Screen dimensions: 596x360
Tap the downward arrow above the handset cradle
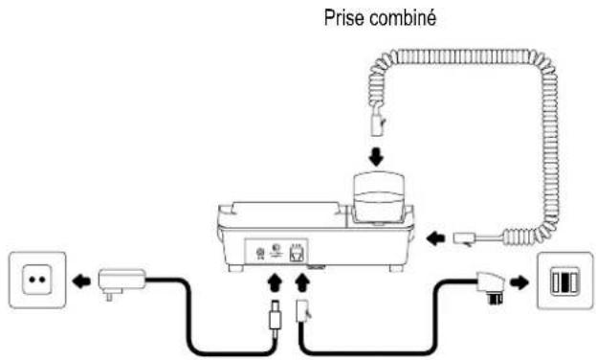(x=378, y=154)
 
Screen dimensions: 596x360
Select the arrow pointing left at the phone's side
(x=434, y=236)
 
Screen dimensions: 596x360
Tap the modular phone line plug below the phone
(x=304, y=312)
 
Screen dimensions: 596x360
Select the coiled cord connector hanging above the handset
(x=378, y=122)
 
